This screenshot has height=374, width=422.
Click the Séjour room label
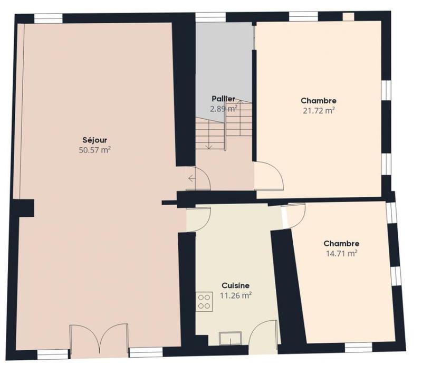(x=95, y=140)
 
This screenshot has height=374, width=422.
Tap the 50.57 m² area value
(x=95, y=150)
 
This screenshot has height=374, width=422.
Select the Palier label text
(x=223, y=99)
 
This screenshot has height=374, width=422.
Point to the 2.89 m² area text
(x=223, y=109)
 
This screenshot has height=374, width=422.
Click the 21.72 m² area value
(x=319, y=110)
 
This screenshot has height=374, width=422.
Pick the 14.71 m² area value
(x=341, y=253)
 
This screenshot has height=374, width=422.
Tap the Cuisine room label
(x=235, y=285)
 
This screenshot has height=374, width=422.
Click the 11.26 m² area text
(x=235, y=295)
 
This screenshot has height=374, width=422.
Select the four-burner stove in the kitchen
(x=204, y=302)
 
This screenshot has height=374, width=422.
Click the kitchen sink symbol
(x=231, y=338)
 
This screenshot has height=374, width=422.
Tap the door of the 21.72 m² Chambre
(x=269, y=177)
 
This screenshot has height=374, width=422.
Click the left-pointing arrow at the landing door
(x=191, y=178)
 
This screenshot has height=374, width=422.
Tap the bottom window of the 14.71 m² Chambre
(x=359, y=347)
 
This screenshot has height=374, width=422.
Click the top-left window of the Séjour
(x=49, y=18)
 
